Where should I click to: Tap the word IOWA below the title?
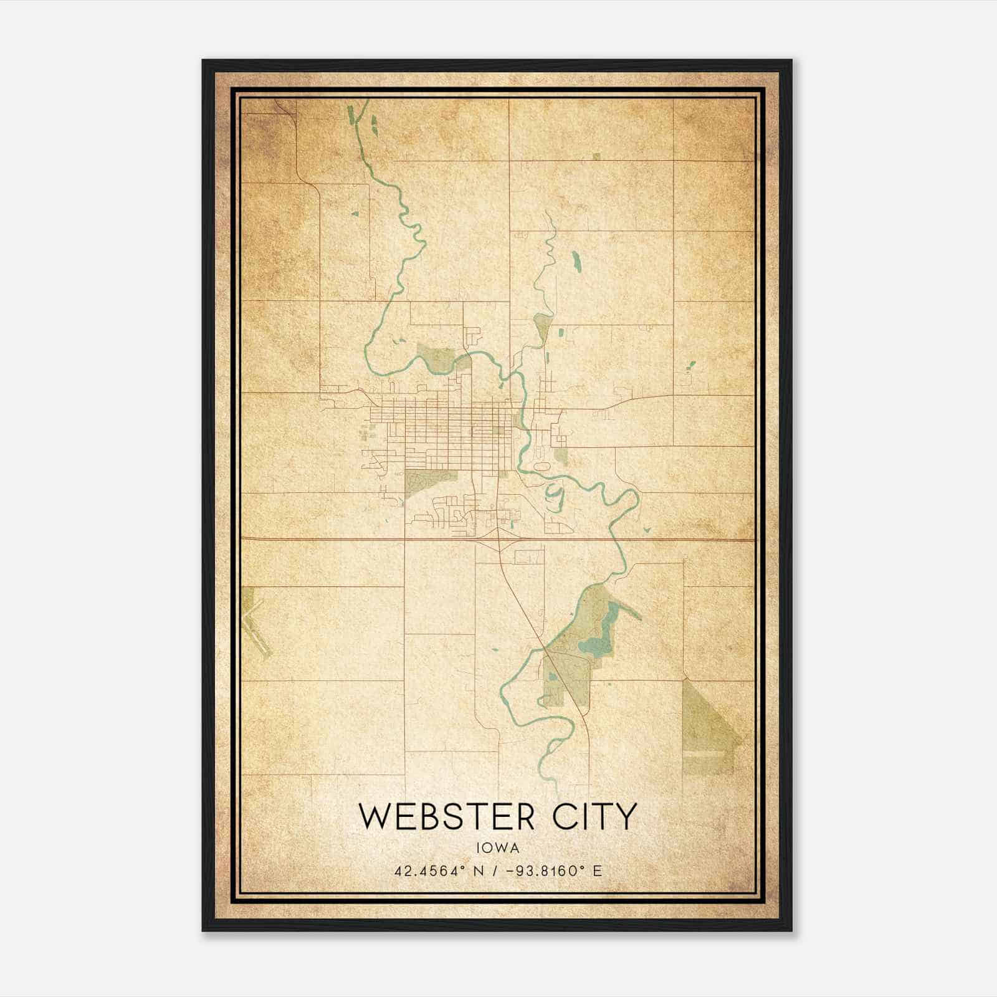(x=497, y=848)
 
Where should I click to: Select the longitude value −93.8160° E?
(x=555, y=871)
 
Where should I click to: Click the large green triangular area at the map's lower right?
(x=709, y=729)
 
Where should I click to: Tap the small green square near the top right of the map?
(x=596, y=156)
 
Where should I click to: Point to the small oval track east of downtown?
(x=540, y=465)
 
